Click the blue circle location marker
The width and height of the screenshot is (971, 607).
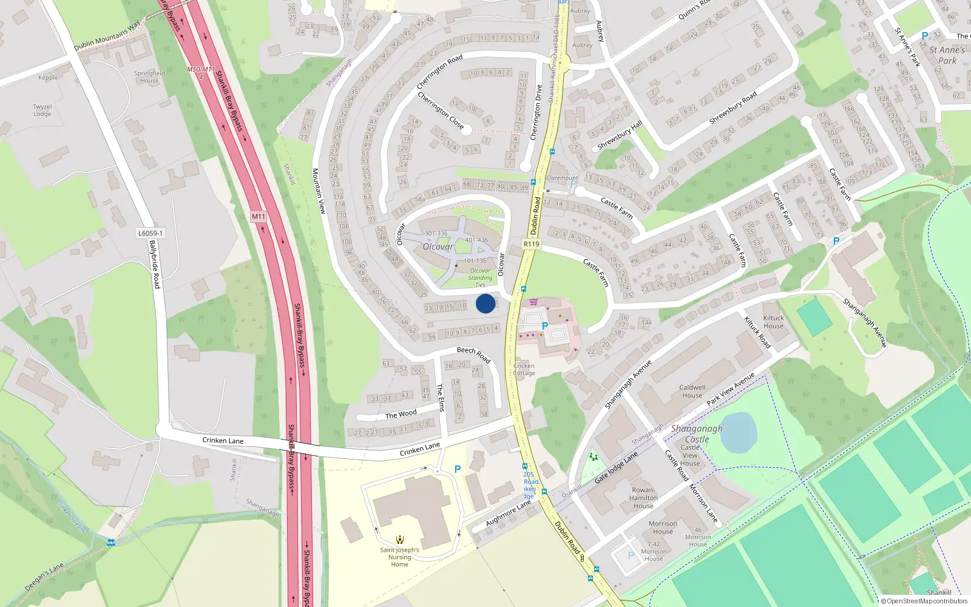tap(485, 303)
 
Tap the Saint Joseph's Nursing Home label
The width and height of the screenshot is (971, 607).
tap(399, 557)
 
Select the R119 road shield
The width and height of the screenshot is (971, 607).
tap(531, 244)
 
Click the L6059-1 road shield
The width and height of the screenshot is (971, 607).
tap(150, 233)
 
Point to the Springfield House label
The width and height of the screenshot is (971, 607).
tap(149, 76)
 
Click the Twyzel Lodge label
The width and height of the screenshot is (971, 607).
tap(42, 110)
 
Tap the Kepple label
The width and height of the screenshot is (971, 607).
tap(48, 78)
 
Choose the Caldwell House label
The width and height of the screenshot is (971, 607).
tap(692, 391)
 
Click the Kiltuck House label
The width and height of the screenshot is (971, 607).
tap(773, 322)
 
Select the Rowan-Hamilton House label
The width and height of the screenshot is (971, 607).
tap(643, 498)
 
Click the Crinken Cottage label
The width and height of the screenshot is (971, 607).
tap(524, 369)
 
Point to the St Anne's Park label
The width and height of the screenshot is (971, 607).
tap(947, 55)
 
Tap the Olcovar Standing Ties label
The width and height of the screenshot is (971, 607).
tap(480, 277)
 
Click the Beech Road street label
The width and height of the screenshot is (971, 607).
tap(473, 354)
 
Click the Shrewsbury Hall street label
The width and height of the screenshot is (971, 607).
tap(619, 135)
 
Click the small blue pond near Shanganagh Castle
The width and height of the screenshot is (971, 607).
tap(738, 432)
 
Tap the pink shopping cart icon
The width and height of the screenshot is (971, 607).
tap(533, 302)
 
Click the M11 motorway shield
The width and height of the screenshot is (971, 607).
tap(259, 217)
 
